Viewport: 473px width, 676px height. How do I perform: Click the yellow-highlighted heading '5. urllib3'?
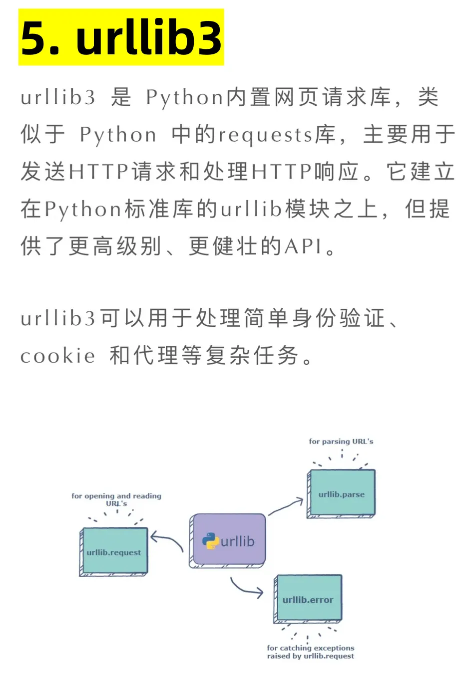pyautogui.click(x=121, y=37)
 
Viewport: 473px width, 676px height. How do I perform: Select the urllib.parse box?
pyautogui.click(x=341, y=494)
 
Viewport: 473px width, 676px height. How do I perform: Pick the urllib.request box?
pyautogui.click(x=113, y=552)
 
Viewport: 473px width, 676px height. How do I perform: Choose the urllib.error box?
pyautogui.click(x=308, y=599)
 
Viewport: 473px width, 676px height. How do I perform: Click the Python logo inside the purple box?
pyautogui.click(x=211, y=541)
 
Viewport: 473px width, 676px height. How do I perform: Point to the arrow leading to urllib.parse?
pyautogui.click(x=285, y=506)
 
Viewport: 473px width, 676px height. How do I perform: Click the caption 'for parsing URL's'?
pyautogui.click(x=341, y=442)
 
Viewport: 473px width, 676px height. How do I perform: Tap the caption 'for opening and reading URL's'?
pyautogui.click(x=116, y=499)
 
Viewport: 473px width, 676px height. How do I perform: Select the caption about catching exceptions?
pyautogui.click(x=311, y=652)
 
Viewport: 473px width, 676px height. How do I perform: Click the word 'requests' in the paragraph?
pyautogui.click(x=265, y=135)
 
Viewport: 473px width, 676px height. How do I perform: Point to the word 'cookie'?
pyautogui.click(x=57, y=356)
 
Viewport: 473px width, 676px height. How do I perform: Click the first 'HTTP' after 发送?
pyautogui.click(x=99, y=172)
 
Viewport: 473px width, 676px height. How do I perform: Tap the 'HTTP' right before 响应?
pyautogui.click(x=281, y=172)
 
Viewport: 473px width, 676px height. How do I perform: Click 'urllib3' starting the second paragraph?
pyautogui.click(x=58, y=318)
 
